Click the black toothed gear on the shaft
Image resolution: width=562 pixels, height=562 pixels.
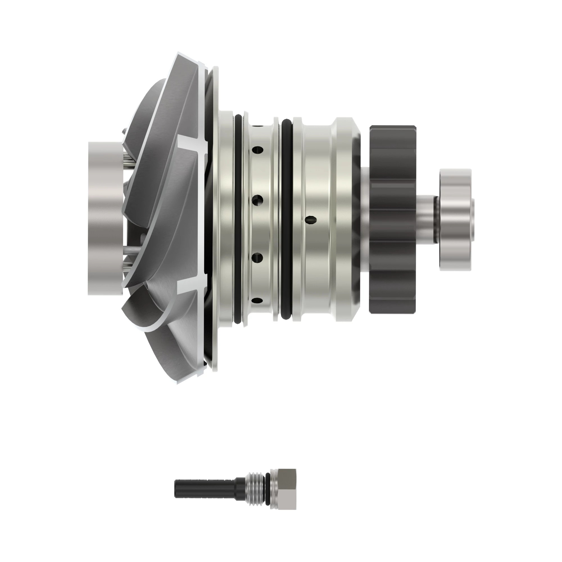point(393,220)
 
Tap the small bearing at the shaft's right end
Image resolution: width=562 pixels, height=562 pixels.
point(455,220)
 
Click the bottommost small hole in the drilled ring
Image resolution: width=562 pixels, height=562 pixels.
point(257,300)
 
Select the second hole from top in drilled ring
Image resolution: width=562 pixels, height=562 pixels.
point(258,200)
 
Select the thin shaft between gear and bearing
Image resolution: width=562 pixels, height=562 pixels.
point(428,220)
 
